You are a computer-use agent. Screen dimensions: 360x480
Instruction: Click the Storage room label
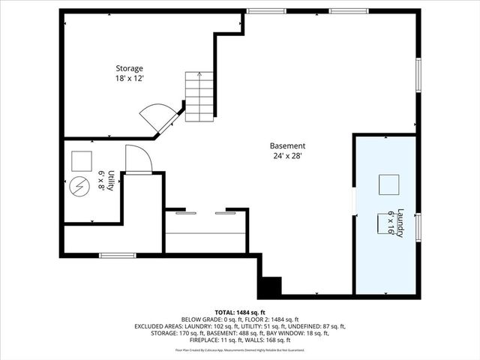click(x=129, y=68)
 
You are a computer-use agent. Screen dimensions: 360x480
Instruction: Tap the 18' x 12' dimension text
click(x=129, y=79)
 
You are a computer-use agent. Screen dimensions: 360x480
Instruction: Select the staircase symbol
click(x=199, y=97)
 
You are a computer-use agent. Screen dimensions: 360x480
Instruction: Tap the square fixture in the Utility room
click(x=81, y=160)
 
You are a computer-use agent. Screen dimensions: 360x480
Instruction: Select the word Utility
click(x=111, y=180)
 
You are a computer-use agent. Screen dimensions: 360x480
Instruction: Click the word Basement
click(x=288, y=146)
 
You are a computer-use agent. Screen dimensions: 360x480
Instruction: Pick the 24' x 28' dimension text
click(x=288, y=157)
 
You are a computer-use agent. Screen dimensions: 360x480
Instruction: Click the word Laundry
click(x=400, y=223)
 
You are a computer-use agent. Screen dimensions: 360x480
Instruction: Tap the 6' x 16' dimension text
click(x=391, y=223)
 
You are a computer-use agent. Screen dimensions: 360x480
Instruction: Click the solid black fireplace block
click(x=269, y=286)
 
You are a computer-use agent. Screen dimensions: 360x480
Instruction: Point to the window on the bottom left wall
click(x=118, y=256)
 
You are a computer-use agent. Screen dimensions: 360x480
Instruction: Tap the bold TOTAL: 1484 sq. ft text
click(x=240, y=312)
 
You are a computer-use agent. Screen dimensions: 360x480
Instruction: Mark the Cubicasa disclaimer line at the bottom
click(x=240, y=349)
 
